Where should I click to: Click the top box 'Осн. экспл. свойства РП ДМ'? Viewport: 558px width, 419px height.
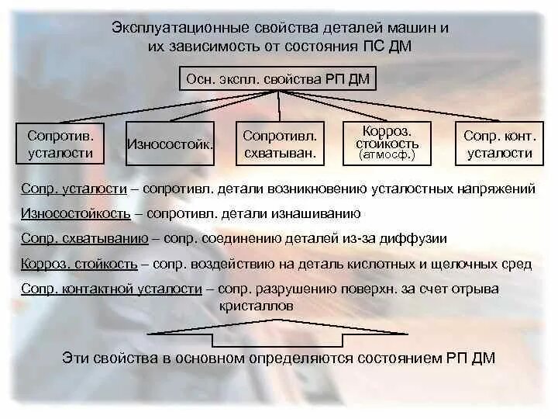278,78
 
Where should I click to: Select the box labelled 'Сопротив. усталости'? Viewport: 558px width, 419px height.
60,144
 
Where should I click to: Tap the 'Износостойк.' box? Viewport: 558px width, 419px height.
169,144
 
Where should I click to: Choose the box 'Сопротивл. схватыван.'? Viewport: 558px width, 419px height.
279,144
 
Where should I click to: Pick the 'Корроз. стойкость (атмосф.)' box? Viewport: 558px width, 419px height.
387,143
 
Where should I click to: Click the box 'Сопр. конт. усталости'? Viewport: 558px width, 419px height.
499,144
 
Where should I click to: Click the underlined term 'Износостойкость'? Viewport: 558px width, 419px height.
65,213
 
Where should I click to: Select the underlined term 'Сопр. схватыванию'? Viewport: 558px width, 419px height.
71,238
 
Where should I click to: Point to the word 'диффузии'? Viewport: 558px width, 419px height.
419,238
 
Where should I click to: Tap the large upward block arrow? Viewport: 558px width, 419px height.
279,335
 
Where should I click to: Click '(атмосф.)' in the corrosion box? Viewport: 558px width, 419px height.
387,154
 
